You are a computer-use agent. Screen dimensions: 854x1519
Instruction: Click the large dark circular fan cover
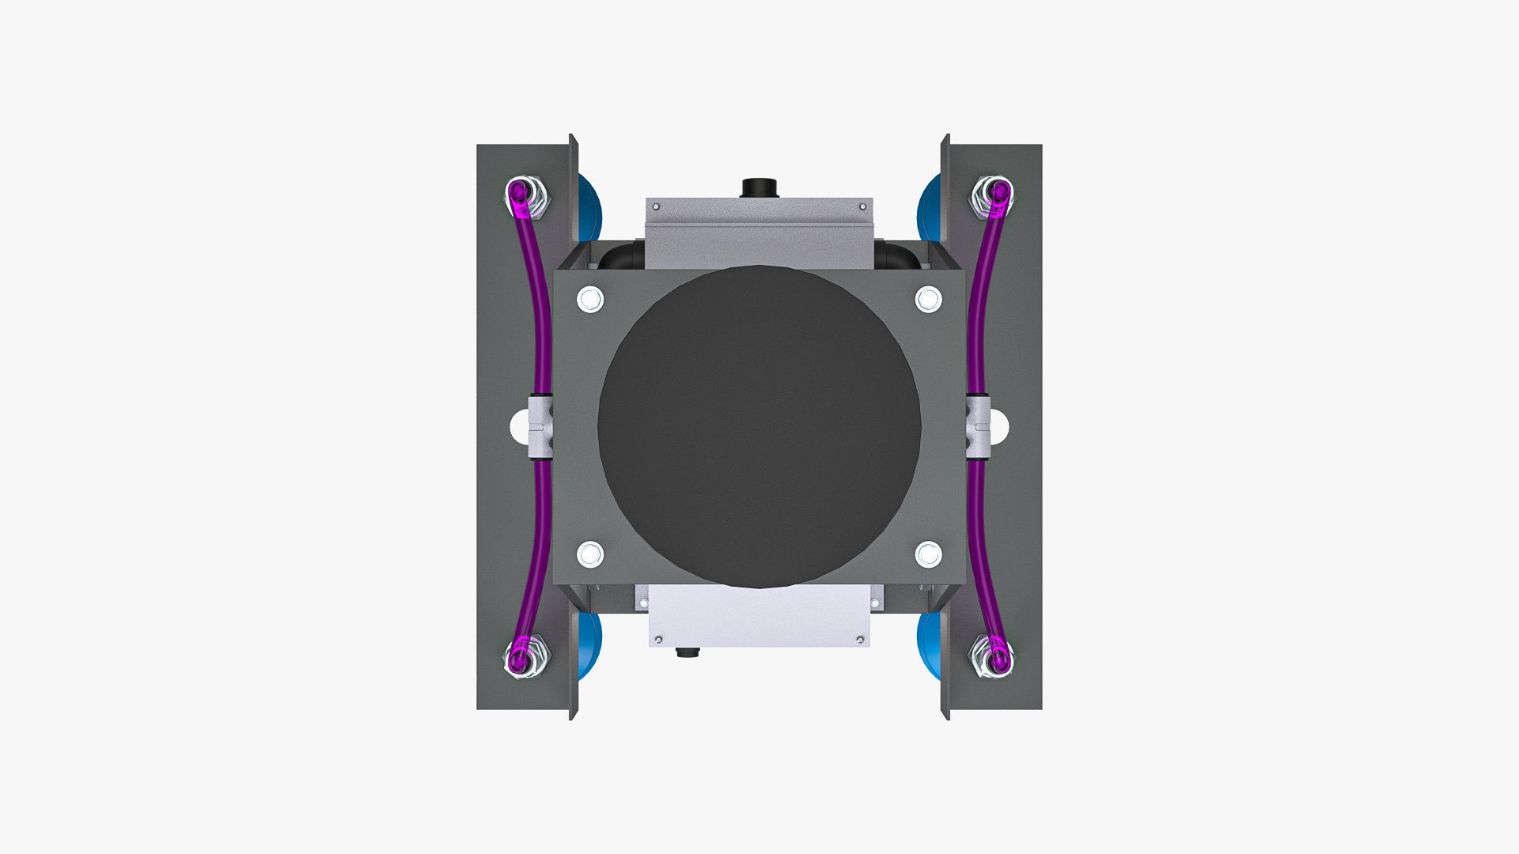coord(759,427)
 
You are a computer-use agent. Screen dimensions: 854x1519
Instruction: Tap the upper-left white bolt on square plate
coord(590,300)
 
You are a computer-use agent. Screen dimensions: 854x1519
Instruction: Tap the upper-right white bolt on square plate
coord(928,300)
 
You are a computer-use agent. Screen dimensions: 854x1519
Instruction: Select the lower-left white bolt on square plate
coord(590,554)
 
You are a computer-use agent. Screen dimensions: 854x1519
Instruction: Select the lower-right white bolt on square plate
coord(928,554)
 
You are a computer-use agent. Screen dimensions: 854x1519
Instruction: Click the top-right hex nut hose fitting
coord(992,196)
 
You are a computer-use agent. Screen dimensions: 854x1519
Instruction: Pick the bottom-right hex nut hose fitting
coord(992,656)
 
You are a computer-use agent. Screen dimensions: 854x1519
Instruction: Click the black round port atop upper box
coord(759,188)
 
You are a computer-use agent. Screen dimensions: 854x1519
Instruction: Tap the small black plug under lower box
coord(688,652)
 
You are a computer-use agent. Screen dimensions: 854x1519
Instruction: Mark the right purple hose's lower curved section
coord(979,554)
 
